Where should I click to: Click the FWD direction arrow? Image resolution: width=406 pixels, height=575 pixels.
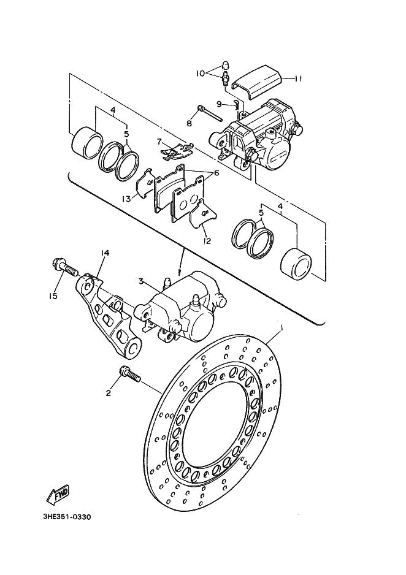58,495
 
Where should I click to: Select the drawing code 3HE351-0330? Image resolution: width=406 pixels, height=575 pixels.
67,517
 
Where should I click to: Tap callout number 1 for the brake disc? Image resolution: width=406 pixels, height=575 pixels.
282,327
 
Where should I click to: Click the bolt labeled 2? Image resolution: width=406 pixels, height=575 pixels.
130,375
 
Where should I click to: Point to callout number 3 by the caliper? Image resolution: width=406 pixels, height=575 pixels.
141,281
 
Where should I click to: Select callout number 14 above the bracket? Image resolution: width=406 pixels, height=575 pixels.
105,253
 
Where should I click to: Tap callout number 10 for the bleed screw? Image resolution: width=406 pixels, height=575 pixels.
201,74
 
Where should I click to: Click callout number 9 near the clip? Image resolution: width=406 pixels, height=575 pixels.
219,104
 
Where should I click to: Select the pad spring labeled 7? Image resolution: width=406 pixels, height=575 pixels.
177,151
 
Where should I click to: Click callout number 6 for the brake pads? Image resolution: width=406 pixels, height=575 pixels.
216,172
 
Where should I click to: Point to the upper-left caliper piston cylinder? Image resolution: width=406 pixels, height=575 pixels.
87,143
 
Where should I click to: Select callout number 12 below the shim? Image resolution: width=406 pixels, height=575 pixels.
207,242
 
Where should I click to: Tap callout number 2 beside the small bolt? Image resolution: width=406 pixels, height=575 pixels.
108,394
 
